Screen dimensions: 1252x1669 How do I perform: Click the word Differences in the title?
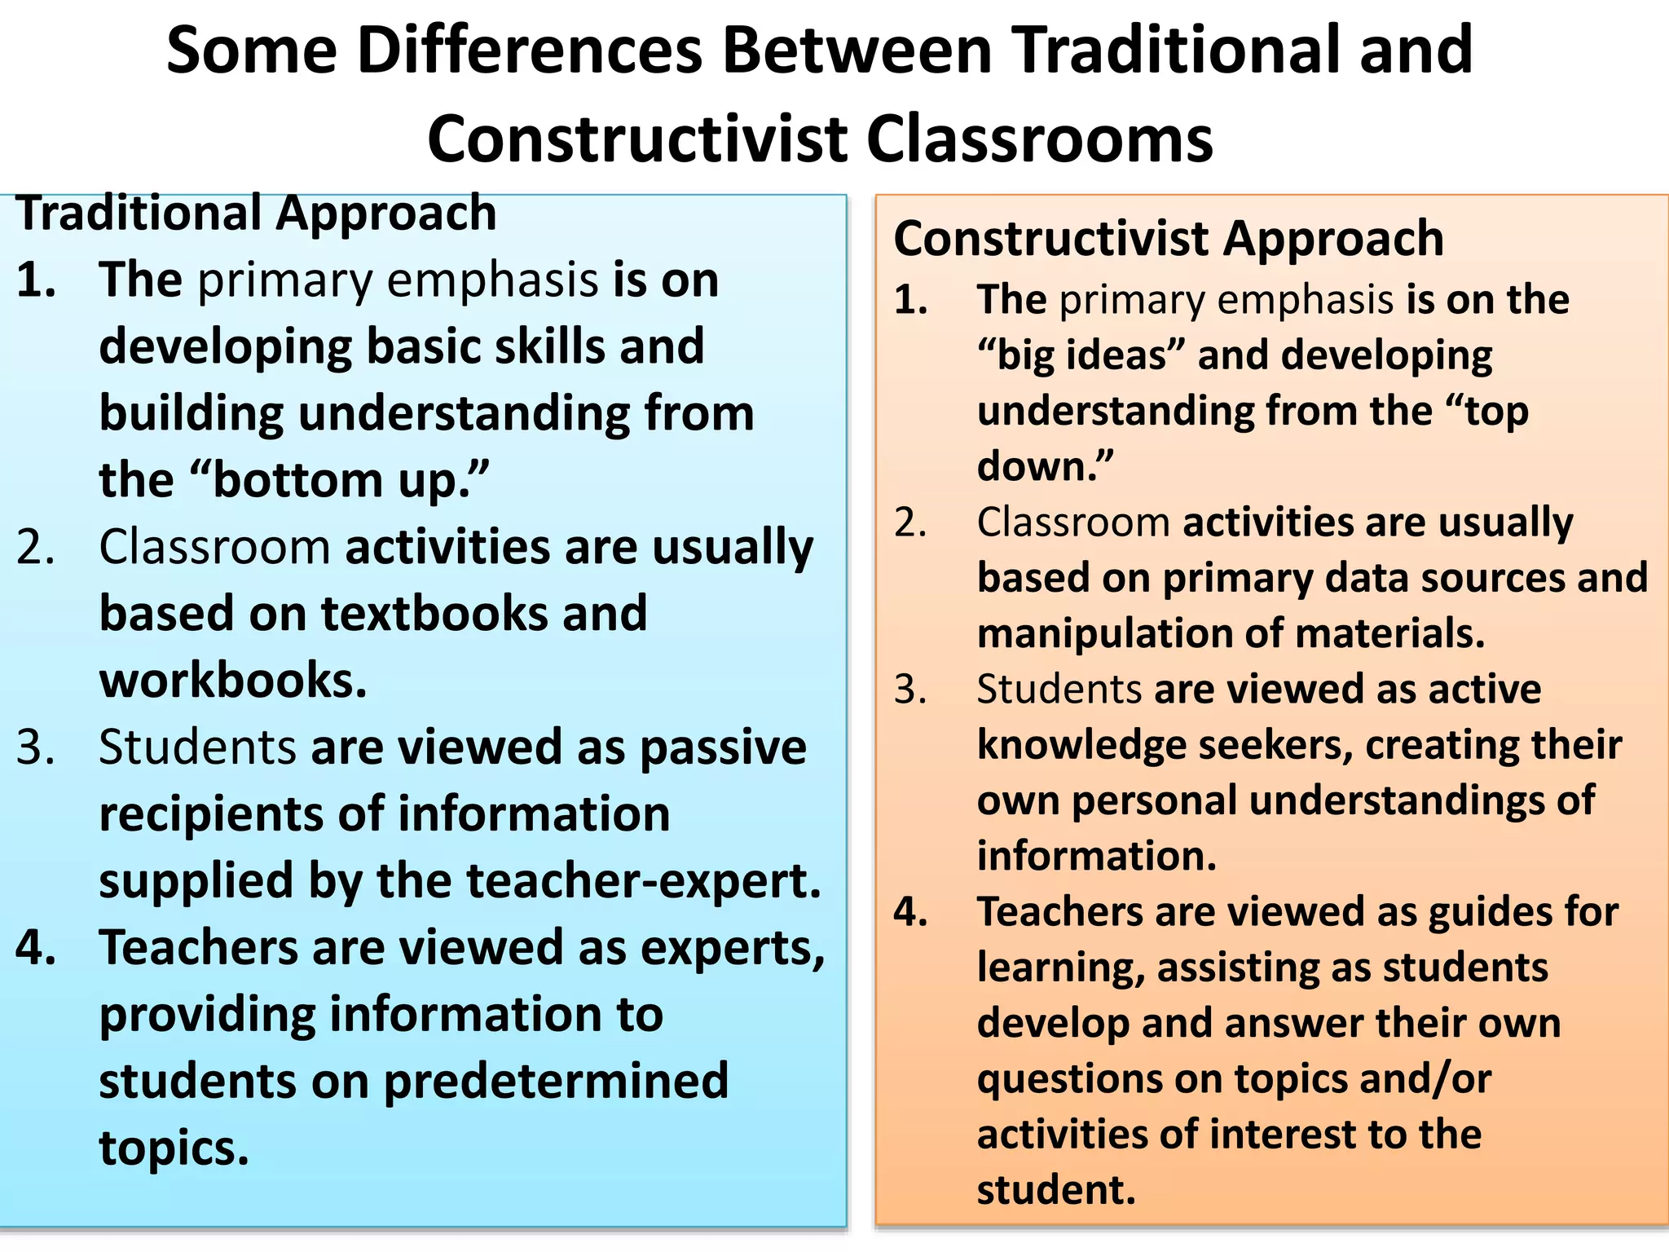530,51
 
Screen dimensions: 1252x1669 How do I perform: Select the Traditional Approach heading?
257,214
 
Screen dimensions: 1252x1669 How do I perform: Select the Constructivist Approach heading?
1169,239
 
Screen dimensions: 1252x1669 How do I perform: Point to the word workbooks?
233,681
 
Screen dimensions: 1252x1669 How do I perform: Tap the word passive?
723,747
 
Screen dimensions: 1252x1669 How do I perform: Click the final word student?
1056,1190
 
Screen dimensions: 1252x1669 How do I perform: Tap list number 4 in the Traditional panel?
36,948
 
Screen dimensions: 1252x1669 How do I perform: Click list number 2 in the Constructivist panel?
910,522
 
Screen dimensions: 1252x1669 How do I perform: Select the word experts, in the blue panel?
733,948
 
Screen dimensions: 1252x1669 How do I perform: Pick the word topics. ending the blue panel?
174,1148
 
